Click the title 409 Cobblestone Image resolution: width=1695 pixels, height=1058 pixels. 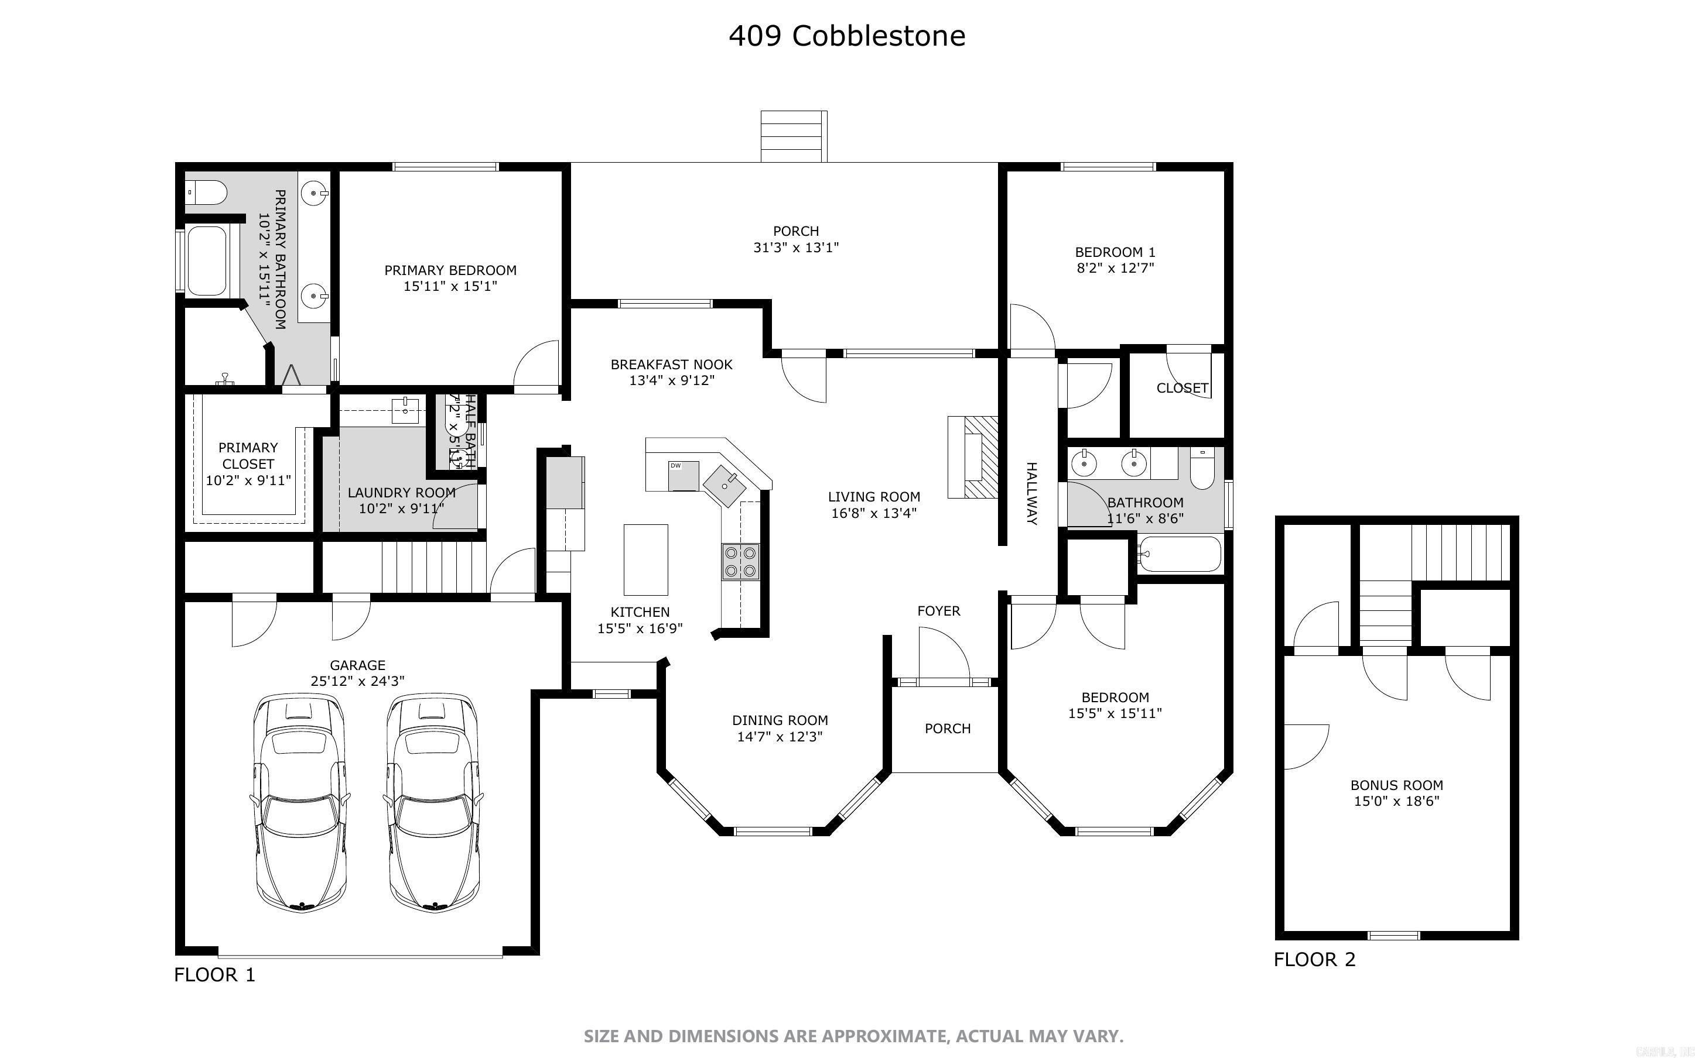pos(846,36)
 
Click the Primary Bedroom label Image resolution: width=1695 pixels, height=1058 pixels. pos(450,270)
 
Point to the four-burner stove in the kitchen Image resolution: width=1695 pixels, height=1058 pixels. pos(741,561)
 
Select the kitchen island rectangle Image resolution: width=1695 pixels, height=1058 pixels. pos(645,560)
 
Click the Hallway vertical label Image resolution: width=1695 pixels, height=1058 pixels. pos(1031,493)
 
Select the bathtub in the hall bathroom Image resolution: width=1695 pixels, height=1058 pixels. pos(1180,554)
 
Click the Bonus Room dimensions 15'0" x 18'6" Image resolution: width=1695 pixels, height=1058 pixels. pos(1396,801)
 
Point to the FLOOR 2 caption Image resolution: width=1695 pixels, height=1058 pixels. pos(1314,959)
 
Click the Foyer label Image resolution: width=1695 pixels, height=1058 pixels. pos(938,611)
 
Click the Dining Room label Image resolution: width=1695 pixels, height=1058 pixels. pos(779,720)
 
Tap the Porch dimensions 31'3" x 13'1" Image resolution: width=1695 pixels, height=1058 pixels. pos(795,247)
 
